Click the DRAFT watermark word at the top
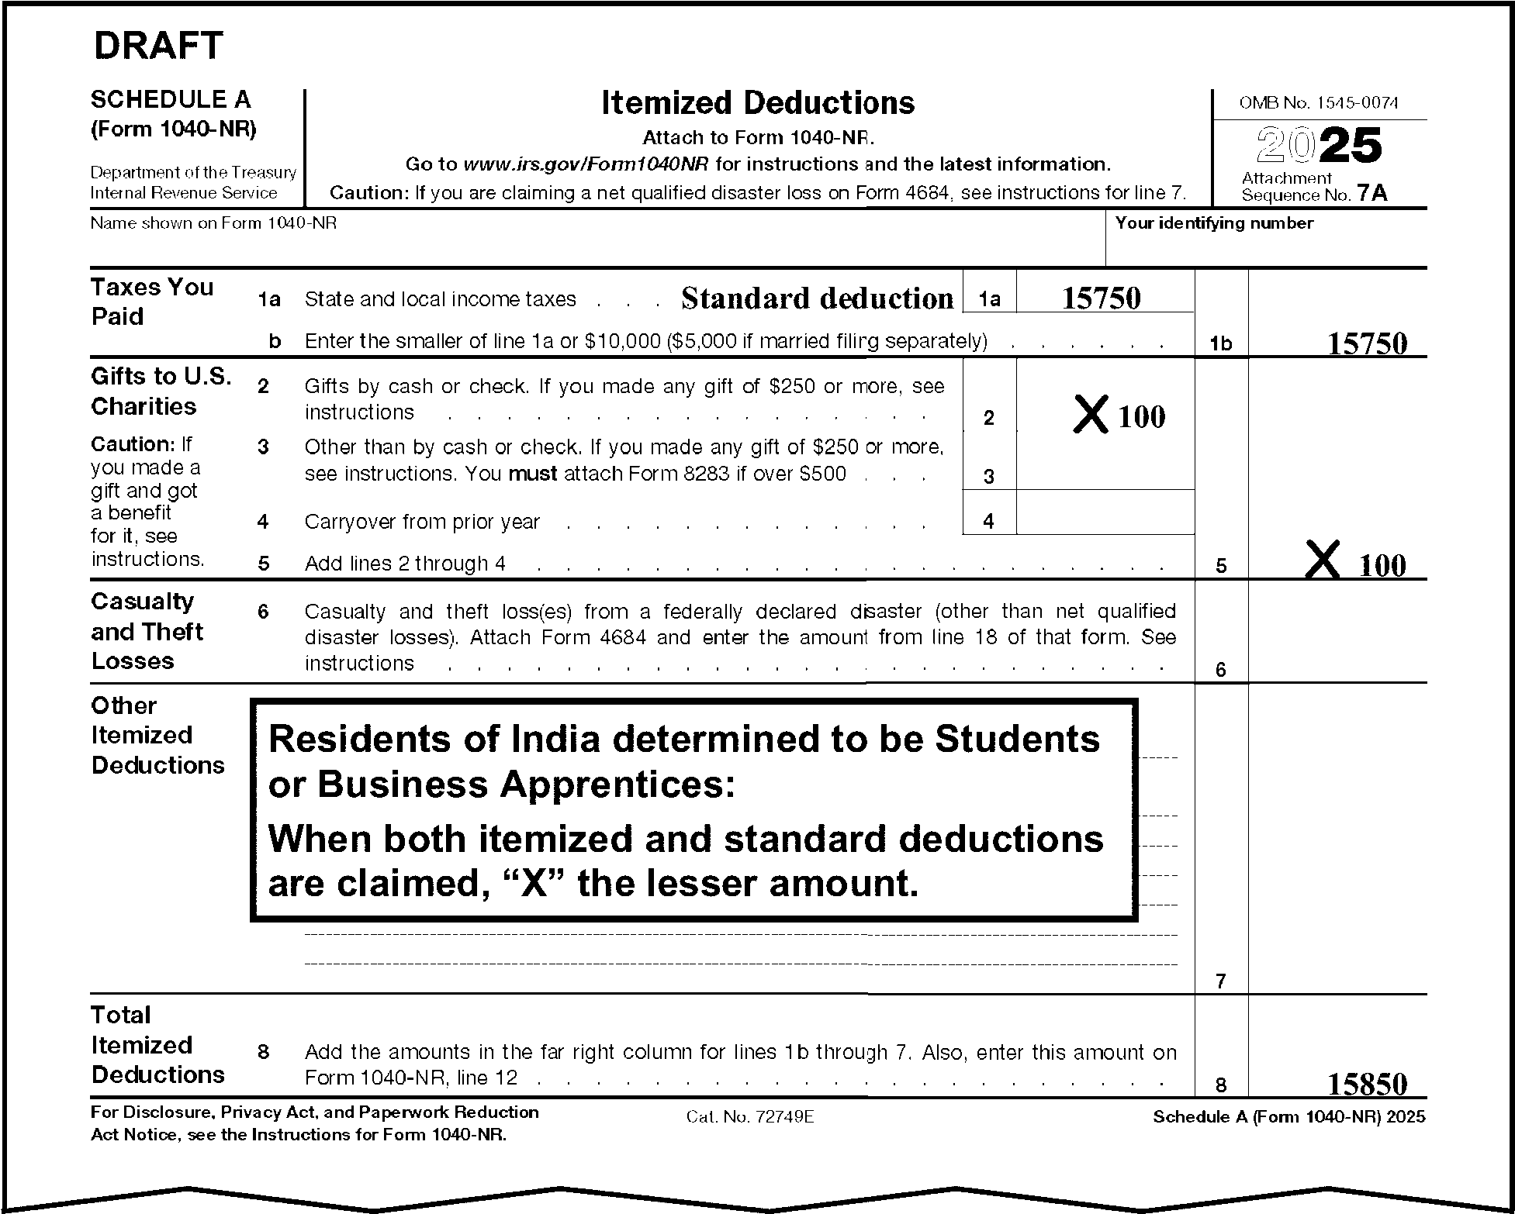pyautogui.click(x=158, y=46)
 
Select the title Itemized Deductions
pyautogui.click(x=758, y=103)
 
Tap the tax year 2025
pyautogui.click(x=1319, y=147)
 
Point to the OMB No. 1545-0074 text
pyautogui.click(x=1319, y=103)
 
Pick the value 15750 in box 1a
pyautogui.click(x=1101, y=298)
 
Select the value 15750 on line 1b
pyautogui.click(x=1367, y=343)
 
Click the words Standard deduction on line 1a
pyautogui.click(x=817, y=298)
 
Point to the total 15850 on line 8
pyautogui.click(x=1367, y=1084)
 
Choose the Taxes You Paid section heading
pyautogui.click(x=152, y=302)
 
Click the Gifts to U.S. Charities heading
pyautogui.click(x=161, y=391)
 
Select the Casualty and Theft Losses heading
pyautogui.click(x=147, y=631)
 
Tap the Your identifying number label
pyautogui.click(x=1214, y=223)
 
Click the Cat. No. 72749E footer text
pyautogui.click(x=749, y=1116)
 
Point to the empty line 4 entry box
pyautogui.click(x=1105, y=512)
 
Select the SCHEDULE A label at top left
pyautogui.click(x=171, y=99)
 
